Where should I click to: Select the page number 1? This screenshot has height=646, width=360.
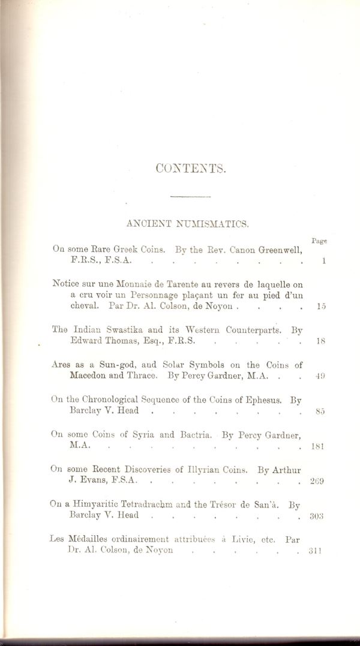pyautogui.click(x=323, y=261)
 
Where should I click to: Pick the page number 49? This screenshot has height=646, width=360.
pyautogui.click(x=320, y=377)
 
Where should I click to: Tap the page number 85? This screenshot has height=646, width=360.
pyautogui.click(x=320, y=411)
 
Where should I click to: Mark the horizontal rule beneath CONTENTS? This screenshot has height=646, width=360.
pyautogui.click(x=191, y=196)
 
